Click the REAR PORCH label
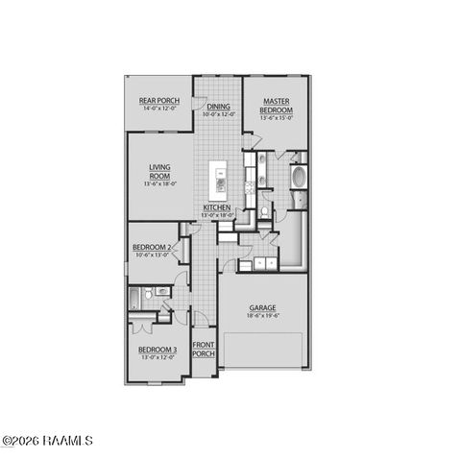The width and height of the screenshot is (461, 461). click(x=159, y=101)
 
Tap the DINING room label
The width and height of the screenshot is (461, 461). click(x=218, y=107)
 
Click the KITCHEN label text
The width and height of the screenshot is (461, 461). click(x=217, y=207)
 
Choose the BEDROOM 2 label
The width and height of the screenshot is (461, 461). click(x=152, y=248)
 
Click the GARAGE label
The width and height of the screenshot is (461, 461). click(x=263, y=308)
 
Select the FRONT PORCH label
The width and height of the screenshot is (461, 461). click(x=203, y=349)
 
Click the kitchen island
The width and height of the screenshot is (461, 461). click(x=219, y=180)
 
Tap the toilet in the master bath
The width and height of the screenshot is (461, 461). click(x=264, y=208)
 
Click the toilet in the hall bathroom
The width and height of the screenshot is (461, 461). click(x=162, y=290)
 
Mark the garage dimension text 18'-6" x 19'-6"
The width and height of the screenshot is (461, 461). click(x=263, y=316)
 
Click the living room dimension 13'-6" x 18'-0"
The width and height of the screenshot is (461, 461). click(x=158, y=183)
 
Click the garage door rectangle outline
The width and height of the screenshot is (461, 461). click(x=263, y=350)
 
